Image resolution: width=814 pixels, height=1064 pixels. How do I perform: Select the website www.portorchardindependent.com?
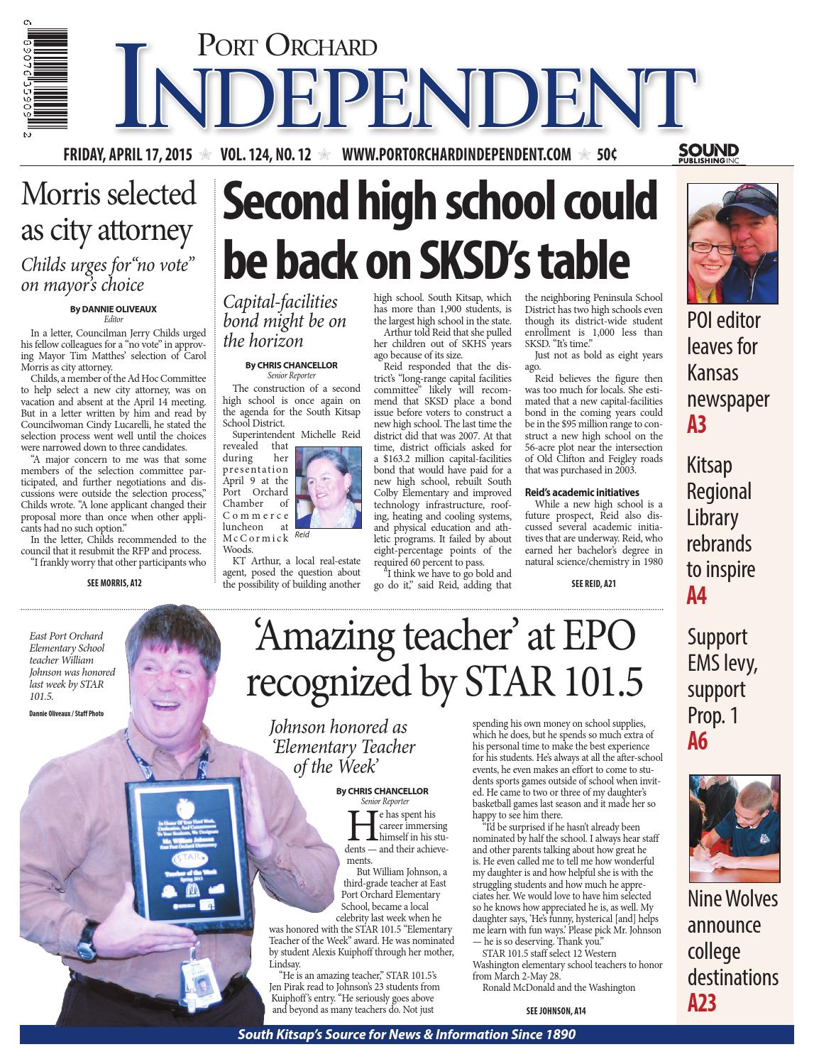click(456, 156)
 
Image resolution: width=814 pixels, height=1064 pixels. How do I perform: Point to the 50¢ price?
click(606, 156)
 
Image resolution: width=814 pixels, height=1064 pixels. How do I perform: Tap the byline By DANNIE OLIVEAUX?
click(114, 309)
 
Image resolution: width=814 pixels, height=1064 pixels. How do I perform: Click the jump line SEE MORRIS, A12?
click(114, 583)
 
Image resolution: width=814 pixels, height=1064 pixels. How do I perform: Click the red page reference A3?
click(697, 425)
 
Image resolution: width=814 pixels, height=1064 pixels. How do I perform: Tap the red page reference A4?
click(697, 596)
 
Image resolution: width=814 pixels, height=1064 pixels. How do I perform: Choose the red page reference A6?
click(698, 741)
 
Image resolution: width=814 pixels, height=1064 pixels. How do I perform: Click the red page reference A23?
click(702, 1003)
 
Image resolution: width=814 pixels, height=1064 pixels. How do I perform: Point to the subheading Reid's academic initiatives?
click(582, 492)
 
